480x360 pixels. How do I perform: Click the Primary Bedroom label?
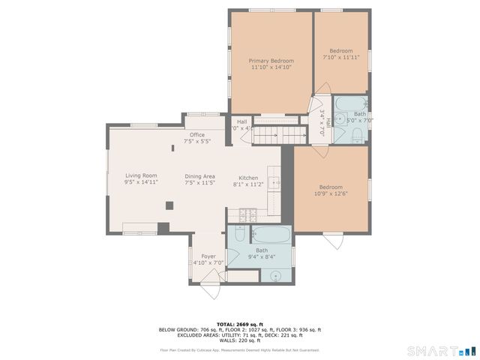click(271, 61)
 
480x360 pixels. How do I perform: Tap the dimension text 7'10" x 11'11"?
click(341, 57)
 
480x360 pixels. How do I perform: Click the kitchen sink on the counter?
click(275, 182)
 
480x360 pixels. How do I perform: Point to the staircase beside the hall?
click(279, 135)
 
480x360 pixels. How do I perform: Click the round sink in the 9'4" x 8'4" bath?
click(275, 275)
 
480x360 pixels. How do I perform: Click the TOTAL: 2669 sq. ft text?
click(239, 324)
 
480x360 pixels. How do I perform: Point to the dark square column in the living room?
click(169, 203)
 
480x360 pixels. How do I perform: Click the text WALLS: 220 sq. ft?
click(239, 340)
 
